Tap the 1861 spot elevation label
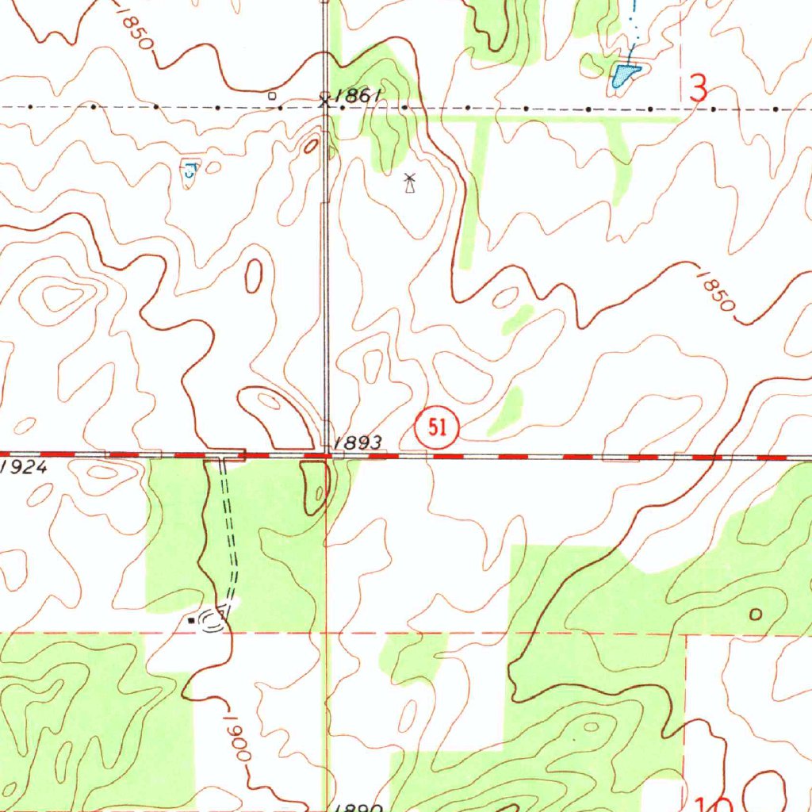(x=358, y=96)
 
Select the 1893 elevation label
(x=358, y=442)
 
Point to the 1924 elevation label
(x=24, y=467)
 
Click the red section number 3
(x=698, y=88)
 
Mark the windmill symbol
(x=409, y=183)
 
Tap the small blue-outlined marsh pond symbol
(x=190, y=169)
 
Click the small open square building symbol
(x=272, y=95)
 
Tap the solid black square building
(x=190, y=622)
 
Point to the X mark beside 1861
(x=324, y=98)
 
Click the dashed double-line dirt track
(x=231, y=539)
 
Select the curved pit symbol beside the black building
(x=213, y=619)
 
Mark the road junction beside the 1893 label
(x=327, y=455)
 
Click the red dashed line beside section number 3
(x=681, y=48)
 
